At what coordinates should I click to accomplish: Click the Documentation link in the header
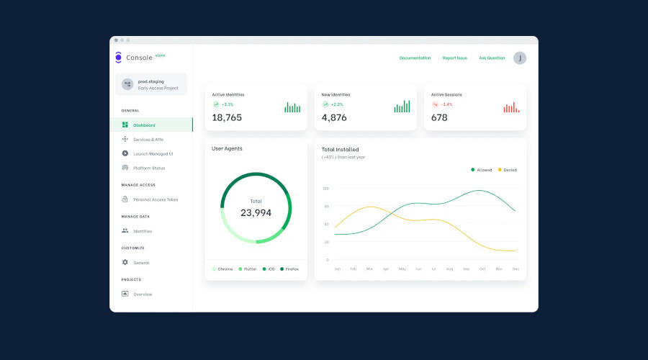[415, 58]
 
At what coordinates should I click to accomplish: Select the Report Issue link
[454, 58]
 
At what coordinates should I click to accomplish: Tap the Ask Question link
[492, 58]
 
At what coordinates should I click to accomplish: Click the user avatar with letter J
[520, 58]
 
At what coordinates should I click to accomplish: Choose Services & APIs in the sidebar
[148, 139]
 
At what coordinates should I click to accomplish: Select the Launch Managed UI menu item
[153, 153]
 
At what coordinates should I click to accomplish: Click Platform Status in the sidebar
[148, 168]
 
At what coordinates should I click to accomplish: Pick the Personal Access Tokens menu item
[155, 199]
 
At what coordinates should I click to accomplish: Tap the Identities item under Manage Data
[143, 231]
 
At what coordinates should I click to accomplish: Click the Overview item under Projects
[143, 294]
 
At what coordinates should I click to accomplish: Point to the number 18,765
[227, 117]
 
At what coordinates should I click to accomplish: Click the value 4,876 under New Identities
[334, 117]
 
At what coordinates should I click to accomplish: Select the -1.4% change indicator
[447, 104]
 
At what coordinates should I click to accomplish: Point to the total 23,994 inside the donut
[256, 212]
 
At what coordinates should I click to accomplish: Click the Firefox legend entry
[291, 269]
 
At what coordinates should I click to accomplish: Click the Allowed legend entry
[482, 170]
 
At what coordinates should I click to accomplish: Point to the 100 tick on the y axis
[325, 189]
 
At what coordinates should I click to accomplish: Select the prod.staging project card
[150, 84]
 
